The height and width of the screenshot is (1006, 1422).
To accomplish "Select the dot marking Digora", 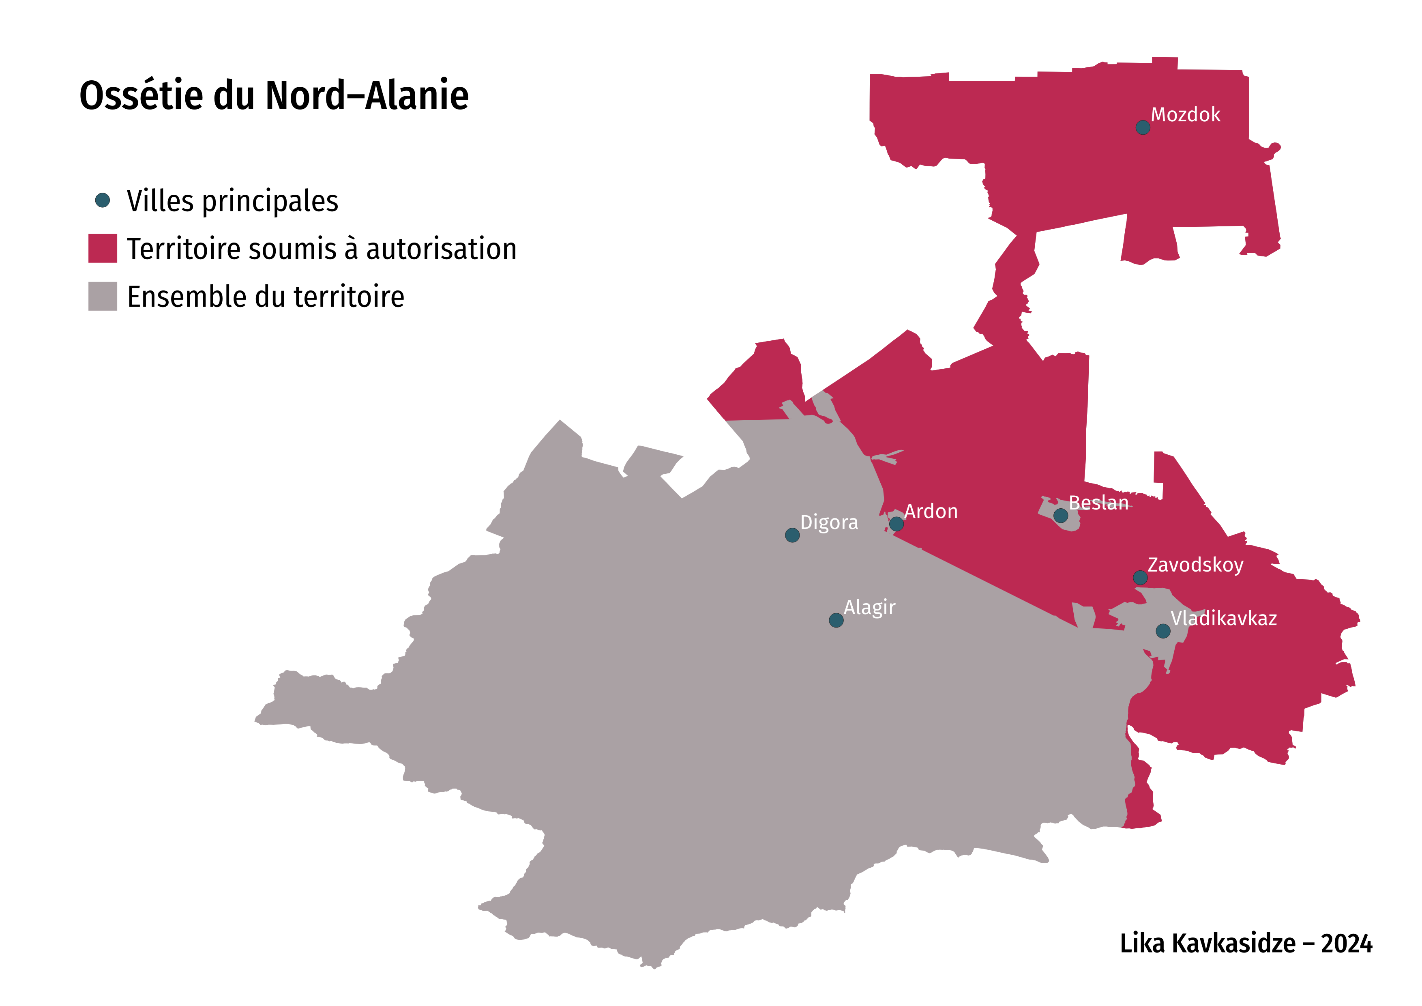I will (x=792, y=535).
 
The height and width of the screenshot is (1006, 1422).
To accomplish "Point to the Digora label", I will (x=829, y=522).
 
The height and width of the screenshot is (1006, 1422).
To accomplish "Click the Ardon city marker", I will (x=896, y=524).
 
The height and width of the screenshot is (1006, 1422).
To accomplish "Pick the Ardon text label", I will (x=931, y=512).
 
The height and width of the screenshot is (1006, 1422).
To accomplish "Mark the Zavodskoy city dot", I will (x=1140, y=578).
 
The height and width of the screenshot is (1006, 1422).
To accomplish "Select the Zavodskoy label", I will (x=1195, y=565).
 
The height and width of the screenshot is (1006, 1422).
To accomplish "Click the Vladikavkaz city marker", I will (x=1163, y=631).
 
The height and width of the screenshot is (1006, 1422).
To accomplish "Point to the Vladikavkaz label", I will (x=1223, y=618).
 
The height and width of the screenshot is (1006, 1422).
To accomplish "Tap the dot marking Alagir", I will (x=836, y=620).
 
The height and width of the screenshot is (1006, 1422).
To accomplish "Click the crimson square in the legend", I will (x=103, y=248).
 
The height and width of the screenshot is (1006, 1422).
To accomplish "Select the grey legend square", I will (x=103, y=296).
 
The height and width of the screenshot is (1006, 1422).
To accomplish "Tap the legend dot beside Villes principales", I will (x=103, y=200).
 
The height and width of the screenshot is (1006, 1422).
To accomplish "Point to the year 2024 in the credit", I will (x=1347, y=944).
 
